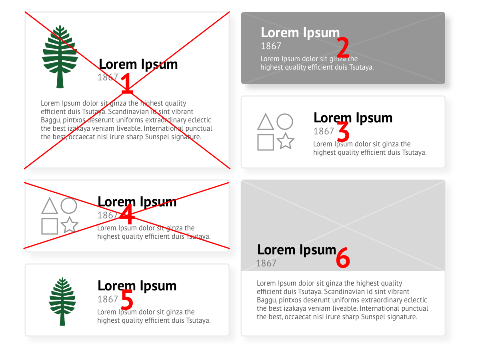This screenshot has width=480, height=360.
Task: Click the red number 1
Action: pyautogui.click(x=127, y=84)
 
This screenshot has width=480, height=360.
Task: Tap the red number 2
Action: pyautogui.click(x=343, y=47)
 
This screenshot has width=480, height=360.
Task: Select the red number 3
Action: pyautogui.click(x=343, y=131)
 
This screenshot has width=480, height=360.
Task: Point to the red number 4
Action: pyautogui.click(x=127, y=214)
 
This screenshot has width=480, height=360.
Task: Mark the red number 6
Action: pyautogui.click(x=343, y=257)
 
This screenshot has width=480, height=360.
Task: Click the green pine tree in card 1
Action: pyautogui.click(x=60, y=57)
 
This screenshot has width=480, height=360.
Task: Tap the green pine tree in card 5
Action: pyautogui.click(x=62, y=302)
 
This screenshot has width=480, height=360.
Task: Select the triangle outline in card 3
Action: pyautogui.click(x=266, y=122)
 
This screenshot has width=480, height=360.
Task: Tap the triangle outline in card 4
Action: pyautogui.click(x=50, y=206)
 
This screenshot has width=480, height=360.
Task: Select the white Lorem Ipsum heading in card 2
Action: pyautogui.click(x=300, y=33)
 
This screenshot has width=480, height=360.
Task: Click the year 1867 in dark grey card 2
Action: pyautogui.click(x=271, y=46)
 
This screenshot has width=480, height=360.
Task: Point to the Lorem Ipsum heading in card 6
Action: pyautogui.click(x=296, y=250)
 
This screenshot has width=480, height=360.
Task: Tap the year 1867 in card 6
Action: pyautogui.click(x=266, y=263)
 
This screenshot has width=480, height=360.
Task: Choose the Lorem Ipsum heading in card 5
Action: pyautogui.click(x=137, y=286)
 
